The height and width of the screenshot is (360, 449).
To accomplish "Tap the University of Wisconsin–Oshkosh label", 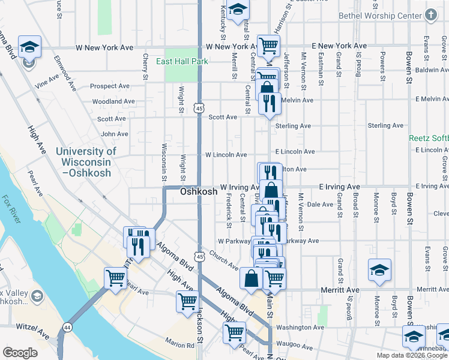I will tap(86, 162).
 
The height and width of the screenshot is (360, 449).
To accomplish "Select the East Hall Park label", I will tap(182, 61).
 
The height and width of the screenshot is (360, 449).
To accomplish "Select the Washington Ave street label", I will tap(300, 328).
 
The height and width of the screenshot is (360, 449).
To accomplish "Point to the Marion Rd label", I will tap(181, 345).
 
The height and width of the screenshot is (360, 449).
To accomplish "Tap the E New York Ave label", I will tap(339, 46).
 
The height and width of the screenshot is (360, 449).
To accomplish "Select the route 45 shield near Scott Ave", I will tap(199, 107).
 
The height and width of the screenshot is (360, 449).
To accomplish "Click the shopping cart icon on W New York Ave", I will tap(268, 46).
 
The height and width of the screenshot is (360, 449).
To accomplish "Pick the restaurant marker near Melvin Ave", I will tap(270, 103).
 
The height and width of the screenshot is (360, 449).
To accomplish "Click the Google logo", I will tap(20, 353).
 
